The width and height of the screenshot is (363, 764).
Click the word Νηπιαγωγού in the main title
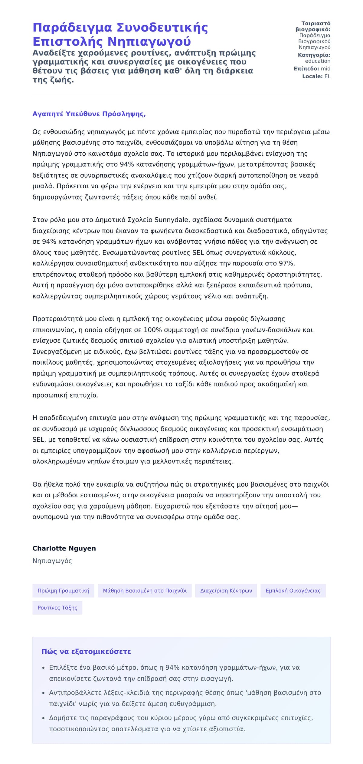click(x=149, y=42)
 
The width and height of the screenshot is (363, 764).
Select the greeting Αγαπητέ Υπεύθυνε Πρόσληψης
click(x=89, y=114)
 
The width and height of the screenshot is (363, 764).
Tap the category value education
click(x=318, y=61)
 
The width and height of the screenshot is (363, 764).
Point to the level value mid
click(x=325, y=69)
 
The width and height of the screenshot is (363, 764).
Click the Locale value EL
click(x=327, y=76)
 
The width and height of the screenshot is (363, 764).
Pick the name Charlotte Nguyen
click(x=64, y=548)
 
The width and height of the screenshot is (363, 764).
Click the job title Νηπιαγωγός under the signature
click(x=52, y=561)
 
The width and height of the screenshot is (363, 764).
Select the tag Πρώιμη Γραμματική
click(x=63, y=590)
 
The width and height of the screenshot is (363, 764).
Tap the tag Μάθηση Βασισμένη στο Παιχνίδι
click(x=145, y=590)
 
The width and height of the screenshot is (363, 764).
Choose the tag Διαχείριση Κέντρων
click(x=226, y=590)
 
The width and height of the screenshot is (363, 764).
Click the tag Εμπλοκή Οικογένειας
click(x=293, y=590)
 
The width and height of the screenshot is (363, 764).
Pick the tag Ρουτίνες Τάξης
click(x=57, y=608)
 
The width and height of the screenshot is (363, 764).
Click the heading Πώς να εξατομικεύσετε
click(x=86, y=652)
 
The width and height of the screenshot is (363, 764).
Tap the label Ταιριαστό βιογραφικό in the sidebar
click(x=313, y=26)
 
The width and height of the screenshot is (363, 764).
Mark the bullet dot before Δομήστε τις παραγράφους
click(x=43, y=718)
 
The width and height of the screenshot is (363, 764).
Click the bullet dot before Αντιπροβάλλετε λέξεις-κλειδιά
click(x=43, y=693)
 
